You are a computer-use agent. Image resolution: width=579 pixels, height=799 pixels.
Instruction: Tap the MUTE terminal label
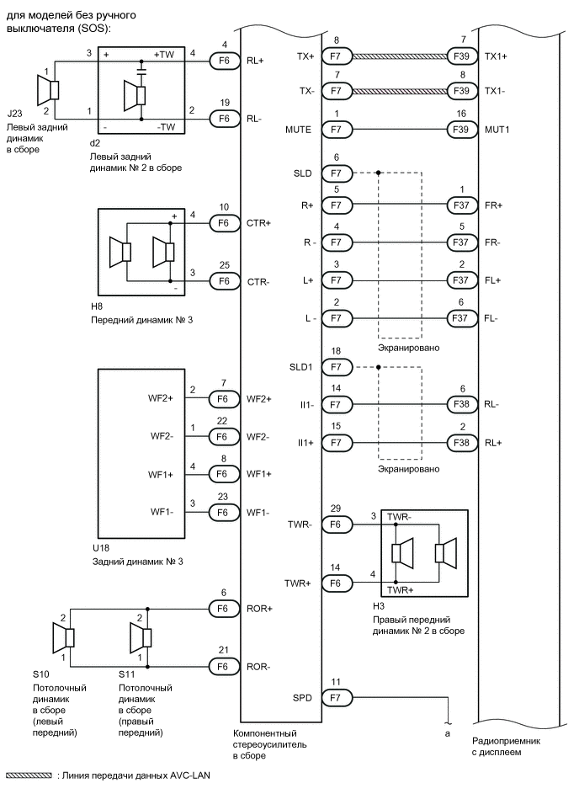[x=298, y=131]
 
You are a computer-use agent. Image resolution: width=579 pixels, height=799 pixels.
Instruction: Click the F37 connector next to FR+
[x=461, y=204]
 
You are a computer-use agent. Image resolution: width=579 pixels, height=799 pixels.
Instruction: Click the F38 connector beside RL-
[x=461, y=405]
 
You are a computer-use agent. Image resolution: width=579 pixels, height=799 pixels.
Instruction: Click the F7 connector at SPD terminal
[x=337, y=697]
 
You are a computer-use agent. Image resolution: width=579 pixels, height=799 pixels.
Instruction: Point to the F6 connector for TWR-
[x=337, y=524]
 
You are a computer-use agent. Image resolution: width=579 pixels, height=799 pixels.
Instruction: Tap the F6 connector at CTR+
[x=224, y=223]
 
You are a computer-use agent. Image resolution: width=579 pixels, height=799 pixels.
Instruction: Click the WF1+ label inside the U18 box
[x=162, y=474]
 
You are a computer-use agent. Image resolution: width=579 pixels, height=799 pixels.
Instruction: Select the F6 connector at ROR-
[x=224, y=667]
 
